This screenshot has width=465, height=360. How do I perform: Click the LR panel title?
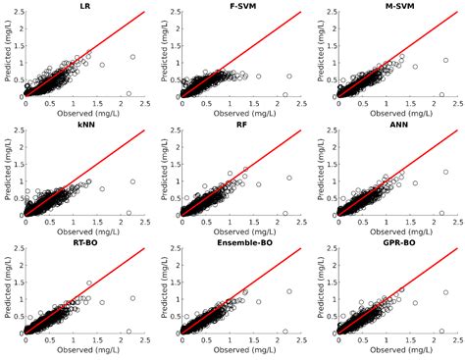pyautogui.click(x=85, y=6)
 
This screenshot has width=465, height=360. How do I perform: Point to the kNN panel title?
pyautogui.click(x=85, y=125)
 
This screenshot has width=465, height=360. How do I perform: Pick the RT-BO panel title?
pyautogui.click(x=85, y=243)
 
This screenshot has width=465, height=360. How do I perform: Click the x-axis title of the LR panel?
pyautogui.click(x=85, y=111)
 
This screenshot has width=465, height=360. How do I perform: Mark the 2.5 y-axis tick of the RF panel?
pyautogui.click(x=173, y=130)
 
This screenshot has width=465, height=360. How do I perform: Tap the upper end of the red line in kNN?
pyautogui.click(x=145, y=130)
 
